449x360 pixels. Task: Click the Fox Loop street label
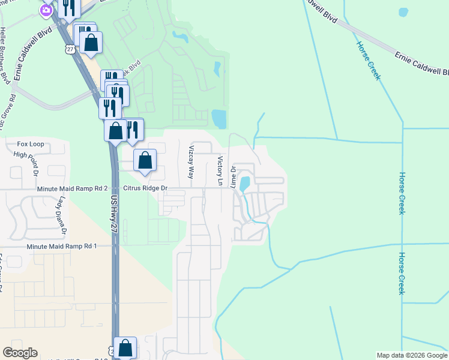(x=31, y=144)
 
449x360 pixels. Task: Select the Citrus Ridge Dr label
(x=145, y=188)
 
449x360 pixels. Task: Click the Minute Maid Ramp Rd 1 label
(x=62, y=246)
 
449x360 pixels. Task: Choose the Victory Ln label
(x=220, y=170)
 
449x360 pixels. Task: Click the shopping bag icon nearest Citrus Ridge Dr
(x=145, y=160)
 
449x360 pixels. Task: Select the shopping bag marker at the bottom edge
(x=125, y=347)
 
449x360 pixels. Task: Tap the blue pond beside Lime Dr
(x=244, y=182)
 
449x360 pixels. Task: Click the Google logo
(x=20, y=353)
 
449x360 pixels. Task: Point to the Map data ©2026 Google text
(x=412, y=355)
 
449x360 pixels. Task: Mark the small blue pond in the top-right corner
(x=403, y=11)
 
